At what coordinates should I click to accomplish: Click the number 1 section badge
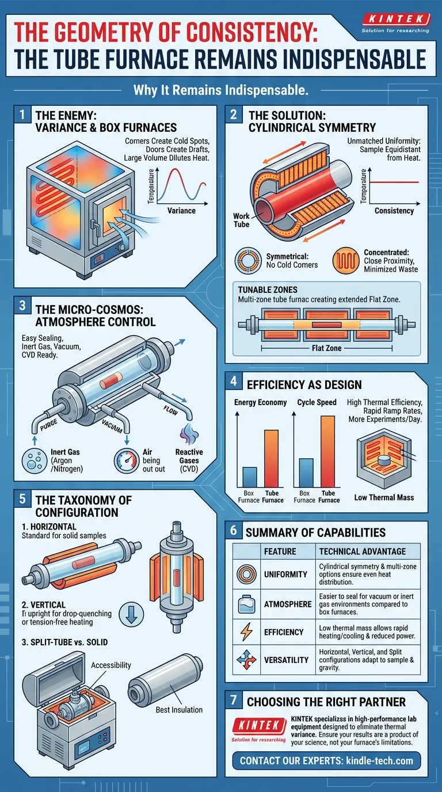[x=22, y=115]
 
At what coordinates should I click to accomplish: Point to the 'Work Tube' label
[x=241, y=220]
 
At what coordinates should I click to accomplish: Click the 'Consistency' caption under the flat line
[x=394, y=211]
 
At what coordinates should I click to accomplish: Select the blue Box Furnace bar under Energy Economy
[x=249, y=477]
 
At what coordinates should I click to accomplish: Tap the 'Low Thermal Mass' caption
[x=384, y=497]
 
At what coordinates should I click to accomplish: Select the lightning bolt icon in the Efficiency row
[x=246, y=633]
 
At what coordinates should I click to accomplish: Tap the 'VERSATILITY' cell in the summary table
[x=286, y=660]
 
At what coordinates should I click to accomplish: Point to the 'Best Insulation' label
[x=179, y=710]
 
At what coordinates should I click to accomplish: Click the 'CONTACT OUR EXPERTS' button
[x=326, y=760]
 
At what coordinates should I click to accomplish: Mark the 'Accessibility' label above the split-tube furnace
[x=111, y=665]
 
